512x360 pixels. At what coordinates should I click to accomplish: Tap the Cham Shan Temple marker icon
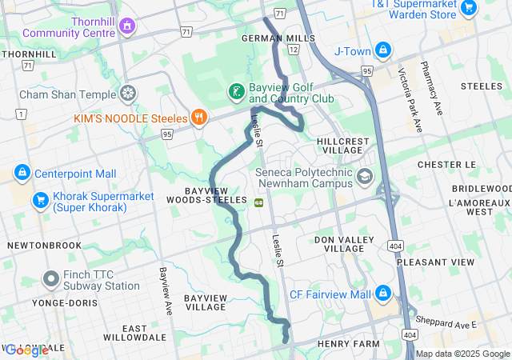pos(127,94)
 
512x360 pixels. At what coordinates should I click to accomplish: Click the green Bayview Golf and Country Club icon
pos(236,92)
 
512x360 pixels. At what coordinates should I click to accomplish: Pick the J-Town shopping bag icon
pos(384,50)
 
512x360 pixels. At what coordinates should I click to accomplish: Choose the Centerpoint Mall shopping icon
pos(22,173)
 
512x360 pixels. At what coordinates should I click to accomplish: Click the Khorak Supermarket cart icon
pos(38,199)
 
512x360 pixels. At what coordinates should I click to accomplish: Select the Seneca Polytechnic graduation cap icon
pos(365,176)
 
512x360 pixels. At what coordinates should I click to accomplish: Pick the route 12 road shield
pos(294,50)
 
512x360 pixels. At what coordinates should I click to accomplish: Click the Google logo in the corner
pos(27,350)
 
